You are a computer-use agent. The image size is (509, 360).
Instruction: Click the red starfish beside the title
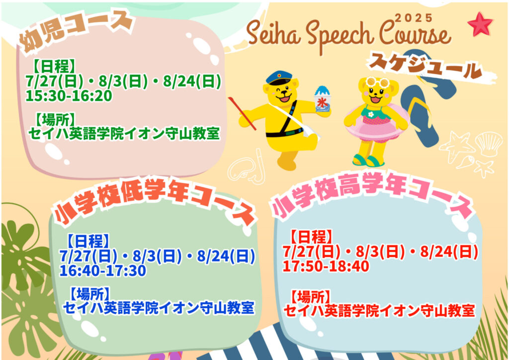[x=480, y=24]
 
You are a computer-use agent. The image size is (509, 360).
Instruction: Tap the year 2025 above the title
[x=414, y=18]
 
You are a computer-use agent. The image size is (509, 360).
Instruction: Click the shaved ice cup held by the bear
[x=322, y=99]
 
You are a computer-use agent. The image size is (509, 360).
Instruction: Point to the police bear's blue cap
[x=278, y=78]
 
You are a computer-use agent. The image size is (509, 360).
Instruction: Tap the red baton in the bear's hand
[x=242, y=113]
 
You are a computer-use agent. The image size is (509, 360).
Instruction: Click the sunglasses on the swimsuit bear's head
[x=378, y=82]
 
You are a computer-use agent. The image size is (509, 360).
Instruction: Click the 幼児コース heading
[x=77, y=31]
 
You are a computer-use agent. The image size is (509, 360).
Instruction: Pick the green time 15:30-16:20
[x=69, y=96]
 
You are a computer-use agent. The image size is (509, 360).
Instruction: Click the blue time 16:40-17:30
[x=102, y=270]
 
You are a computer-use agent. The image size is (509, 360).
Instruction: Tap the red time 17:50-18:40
[x=326, y=266]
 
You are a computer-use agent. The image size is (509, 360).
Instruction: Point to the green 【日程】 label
[x=54, y=66]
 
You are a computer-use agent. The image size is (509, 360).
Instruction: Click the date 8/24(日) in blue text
[x=226, y=257]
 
